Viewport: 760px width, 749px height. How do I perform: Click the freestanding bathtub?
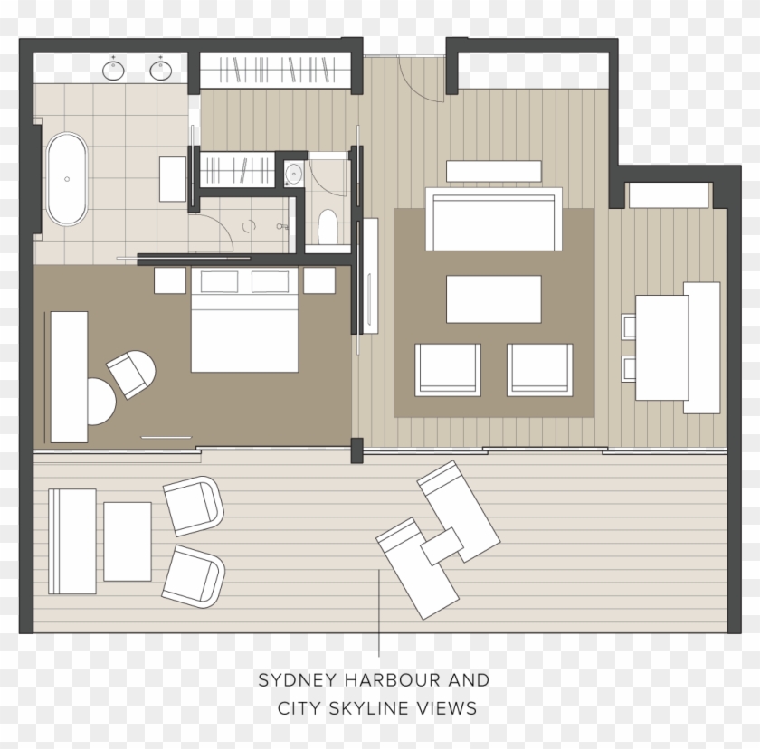(x=67, y=178)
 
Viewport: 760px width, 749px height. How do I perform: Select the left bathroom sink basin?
(x=114, y=69)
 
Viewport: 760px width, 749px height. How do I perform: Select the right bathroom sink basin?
(x=161, y=69)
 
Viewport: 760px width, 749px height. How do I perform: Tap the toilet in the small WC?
(x=328, y=226)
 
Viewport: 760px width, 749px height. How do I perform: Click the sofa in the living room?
(x=493, y=219)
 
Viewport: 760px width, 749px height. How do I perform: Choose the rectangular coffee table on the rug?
(x=493, y=299)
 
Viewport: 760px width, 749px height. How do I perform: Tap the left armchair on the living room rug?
(x=448, y=369)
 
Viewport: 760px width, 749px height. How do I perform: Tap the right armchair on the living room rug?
(x=539, y=369)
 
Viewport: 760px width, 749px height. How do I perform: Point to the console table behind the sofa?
(x=493, y=171)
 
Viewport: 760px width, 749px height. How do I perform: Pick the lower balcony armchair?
(x=194, y=575)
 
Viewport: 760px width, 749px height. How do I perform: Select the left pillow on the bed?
(x=219, y=282)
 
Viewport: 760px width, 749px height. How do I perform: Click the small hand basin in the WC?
(x=293, y=173)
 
